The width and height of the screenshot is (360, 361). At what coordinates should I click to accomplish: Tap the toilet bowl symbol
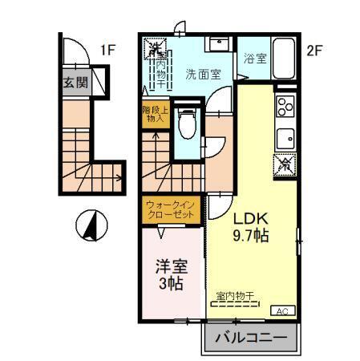click(x=186, y=121)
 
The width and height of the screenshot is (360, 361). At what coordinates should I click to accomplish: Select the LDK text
click(x=249, y=218)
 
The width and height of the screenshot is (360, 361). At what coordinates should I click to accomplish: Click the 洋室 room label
click(x=171, y=266)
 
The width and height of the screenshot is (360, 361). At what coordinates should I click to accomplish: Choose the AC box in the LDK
click(x=281, y=310)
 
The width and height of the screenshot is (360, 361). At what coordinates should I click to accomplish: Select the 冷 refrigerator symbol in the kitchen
click(x=285, y=164)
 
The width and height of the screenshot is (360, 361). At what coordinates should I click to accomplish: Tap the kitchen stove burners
click(x=285, y=106)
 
